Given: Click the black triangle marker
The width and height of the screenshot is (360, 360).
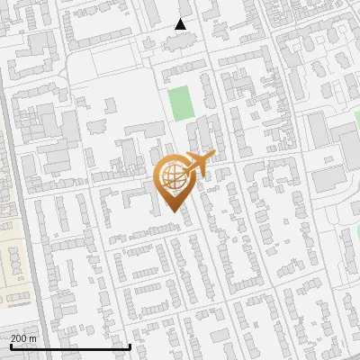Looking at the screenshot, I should pos(181,24).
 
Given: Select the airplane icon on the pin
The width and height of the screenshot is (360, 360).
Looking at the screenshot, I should pos(199,164).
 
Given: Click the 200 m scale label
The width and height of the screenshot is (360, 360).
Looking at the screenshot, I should pos(23,338).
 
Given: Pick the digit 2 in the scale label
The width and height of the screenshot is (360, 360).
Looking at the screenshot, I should pos(13,338).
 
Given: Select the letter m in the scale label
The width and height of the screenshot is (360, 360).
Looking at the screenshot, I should pos(33,338).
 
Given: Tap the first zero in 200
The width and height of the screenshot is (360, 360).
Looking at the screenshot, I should pos(19,338).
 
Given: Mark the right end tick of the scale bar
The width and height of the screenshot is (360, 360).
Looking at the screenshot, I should pos(130,346).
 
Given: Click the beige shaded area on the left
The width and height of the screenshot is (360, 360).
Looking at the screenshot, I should pos(13,261).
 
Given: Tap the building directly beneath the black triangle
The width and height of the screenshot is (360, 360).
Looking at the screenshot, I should pos(179,40).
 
